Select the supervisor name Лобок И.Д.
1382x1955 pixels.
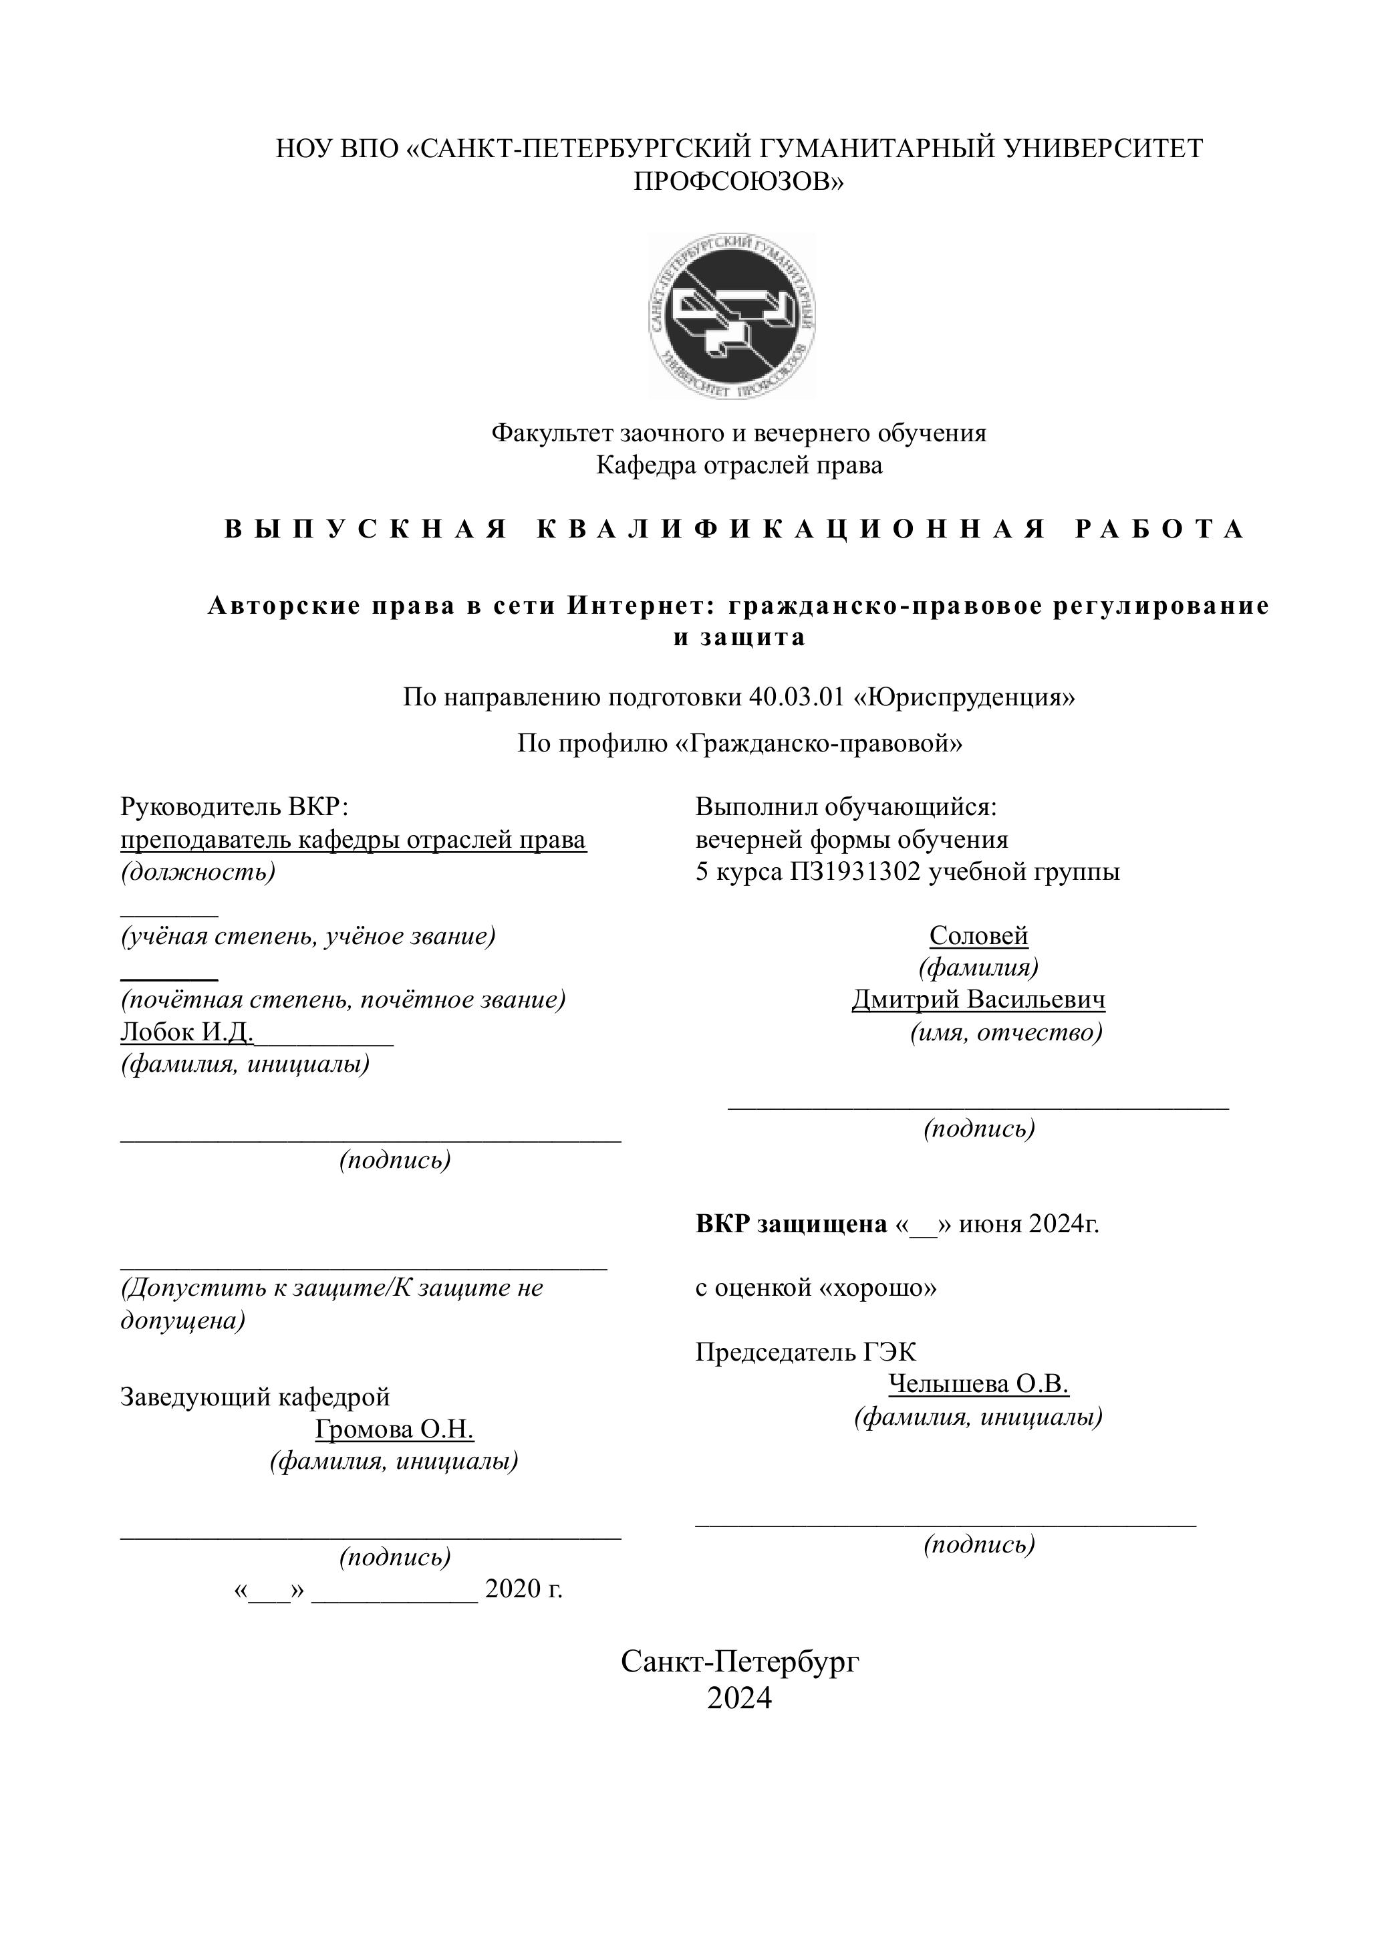tap(187, 1032)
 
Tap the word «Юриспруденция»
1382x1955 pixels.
tap(965, 697)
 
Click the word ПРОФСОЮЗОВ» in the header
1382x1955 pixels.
tap(738, 181)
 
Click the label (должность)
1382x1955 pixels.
tap(198, 872)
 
